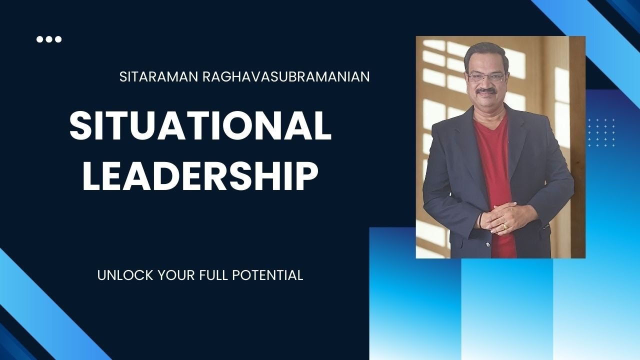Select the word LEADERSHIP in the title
click(200, 176)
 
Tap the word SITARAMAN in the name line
click(157, 77)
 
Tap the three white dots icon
click(49, 39)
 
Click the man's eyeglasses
click(485, 78)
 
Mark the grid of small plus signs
click(601, 132)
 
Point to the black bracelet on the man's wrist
click(481, 220)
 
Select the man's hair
click(482, 52)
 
